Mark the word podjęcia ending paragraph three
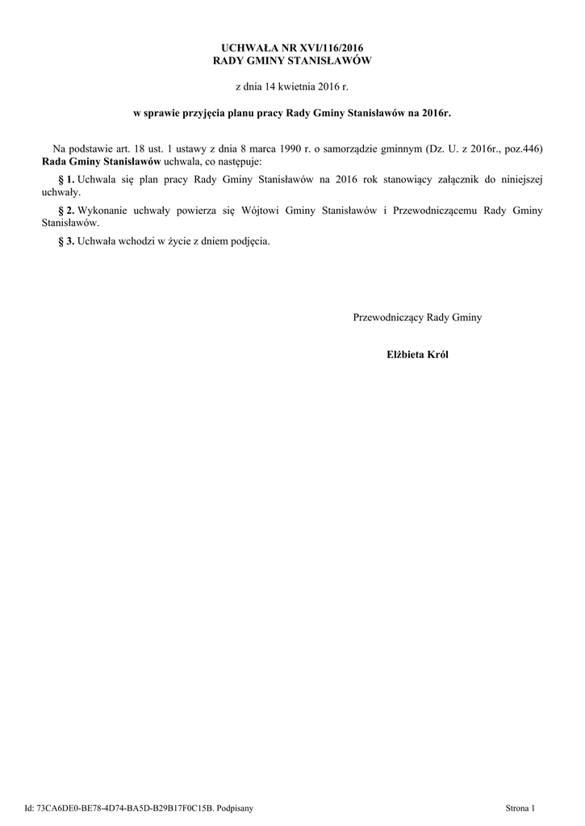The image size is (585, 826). [248, 241]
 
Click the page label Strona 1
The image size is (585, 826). [520, 807]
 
